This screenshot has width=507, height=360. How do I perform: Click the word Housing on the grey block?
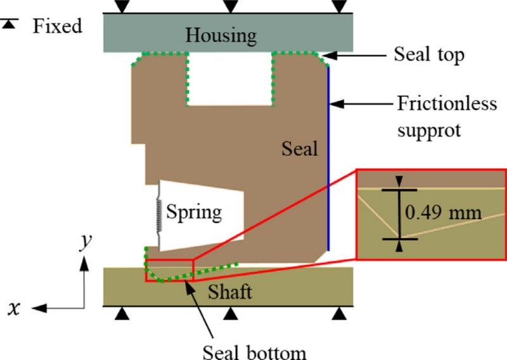pyautogui.click(x=221, y=35)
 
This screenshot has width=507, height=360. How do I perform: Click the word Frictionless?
pyautogui.click(x=446, y=103)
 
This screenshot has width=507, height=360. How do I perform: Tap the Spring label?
pyautogui.click(x=194, y=212)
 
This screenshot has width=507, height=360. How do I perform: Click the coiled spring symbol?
pyautogui.click(x=158, y=215)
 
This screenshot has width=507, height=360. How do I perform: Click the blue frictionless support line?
pyautogui.click(x=328, y=158)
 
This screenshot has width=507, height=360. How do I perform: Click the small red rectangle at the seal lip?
pyautogui.click(x=169, y=270)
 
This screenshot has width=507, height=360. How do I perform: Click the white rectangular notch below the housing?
pyautogui.click(x=231, y=80)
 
